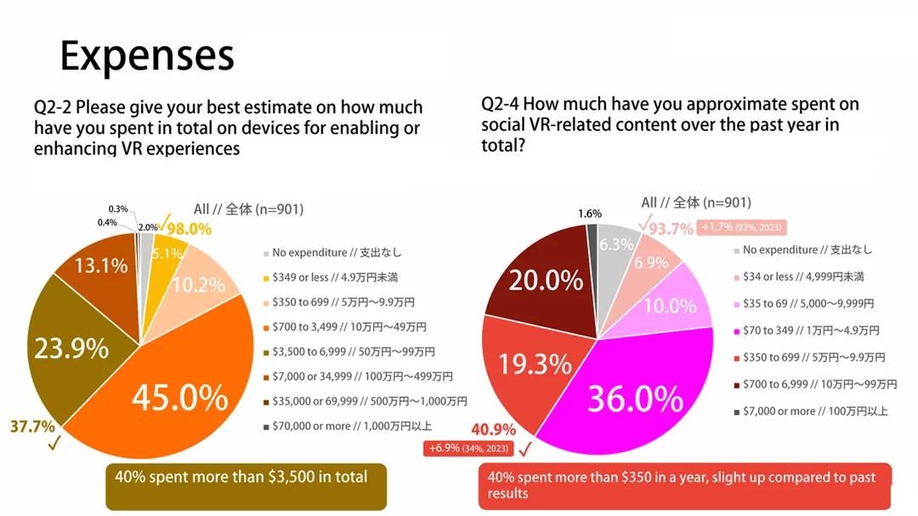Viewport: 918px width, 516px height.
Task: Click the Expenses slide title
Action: [146, 56]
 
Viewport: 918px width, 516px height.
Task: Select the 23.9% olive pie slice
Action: [71, 349]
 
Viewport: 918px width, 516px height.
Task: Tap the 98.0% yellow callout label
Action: [189, 228]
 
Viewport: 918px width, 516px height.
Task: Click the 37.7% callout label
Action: [32, 426]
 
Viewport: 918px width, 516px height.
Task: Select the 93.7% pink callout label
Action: [671, 228]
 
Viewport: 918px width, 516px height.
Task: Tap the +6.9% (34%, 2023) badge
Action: [468, 448]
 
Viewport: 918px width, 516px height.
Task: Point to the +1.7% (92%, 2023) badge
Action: [742, 227]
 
